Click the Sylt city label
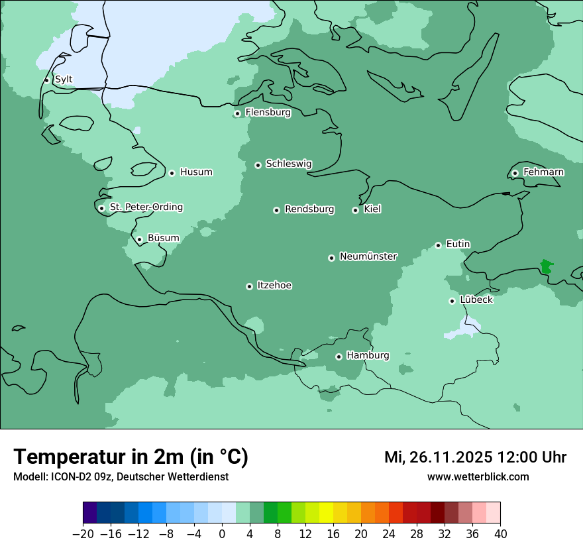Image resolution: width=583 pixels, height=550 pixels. [64, 80]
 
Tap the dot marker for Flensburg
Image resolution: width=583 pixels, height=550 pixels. [237, 113]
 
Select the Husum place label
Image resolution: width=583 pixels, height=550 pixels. [196, 172]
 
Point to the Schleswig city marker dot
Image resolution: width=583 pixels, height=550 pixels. [258, 165]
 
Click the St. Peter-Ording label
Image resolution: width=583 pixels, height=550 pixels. [146, 207]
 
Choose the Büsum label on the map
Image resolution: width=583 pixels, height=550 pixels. [163, 238]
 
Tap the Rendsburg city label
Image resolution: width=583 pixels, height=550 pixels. [309, 209]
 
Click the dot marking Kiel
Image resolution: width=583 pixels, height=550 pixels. [355, 210]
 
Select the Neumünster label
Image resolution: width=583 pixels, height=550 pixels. [368, 256]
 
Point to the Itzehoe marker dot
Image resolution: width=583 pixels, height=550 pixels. [249, 286]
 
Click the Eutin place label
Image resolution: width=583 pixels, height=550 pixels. [458, 245]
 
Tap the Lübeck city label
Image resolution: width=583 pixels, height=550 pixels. [476, 300]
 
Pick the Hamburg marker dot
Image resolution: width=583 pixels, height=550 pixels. [339, 357]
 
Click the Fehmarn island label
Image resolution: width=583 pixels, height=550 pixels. [543, 172]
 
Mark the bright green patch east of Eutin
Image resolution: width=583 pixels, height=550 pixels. [546, 267]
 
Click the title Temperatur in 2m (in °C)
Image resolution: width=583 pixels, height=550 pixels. [131, 457]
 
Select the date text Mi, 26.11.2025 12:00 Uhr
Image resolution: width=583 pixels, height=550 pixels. [475, 457]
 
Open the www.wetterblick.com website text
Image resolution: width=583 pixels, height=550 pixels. [478, 476]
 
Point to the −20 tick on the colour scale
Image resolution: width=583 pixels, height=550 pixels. [83, 534]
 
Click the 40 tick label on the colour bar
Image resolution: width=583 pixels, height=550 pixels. [500, 534]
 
